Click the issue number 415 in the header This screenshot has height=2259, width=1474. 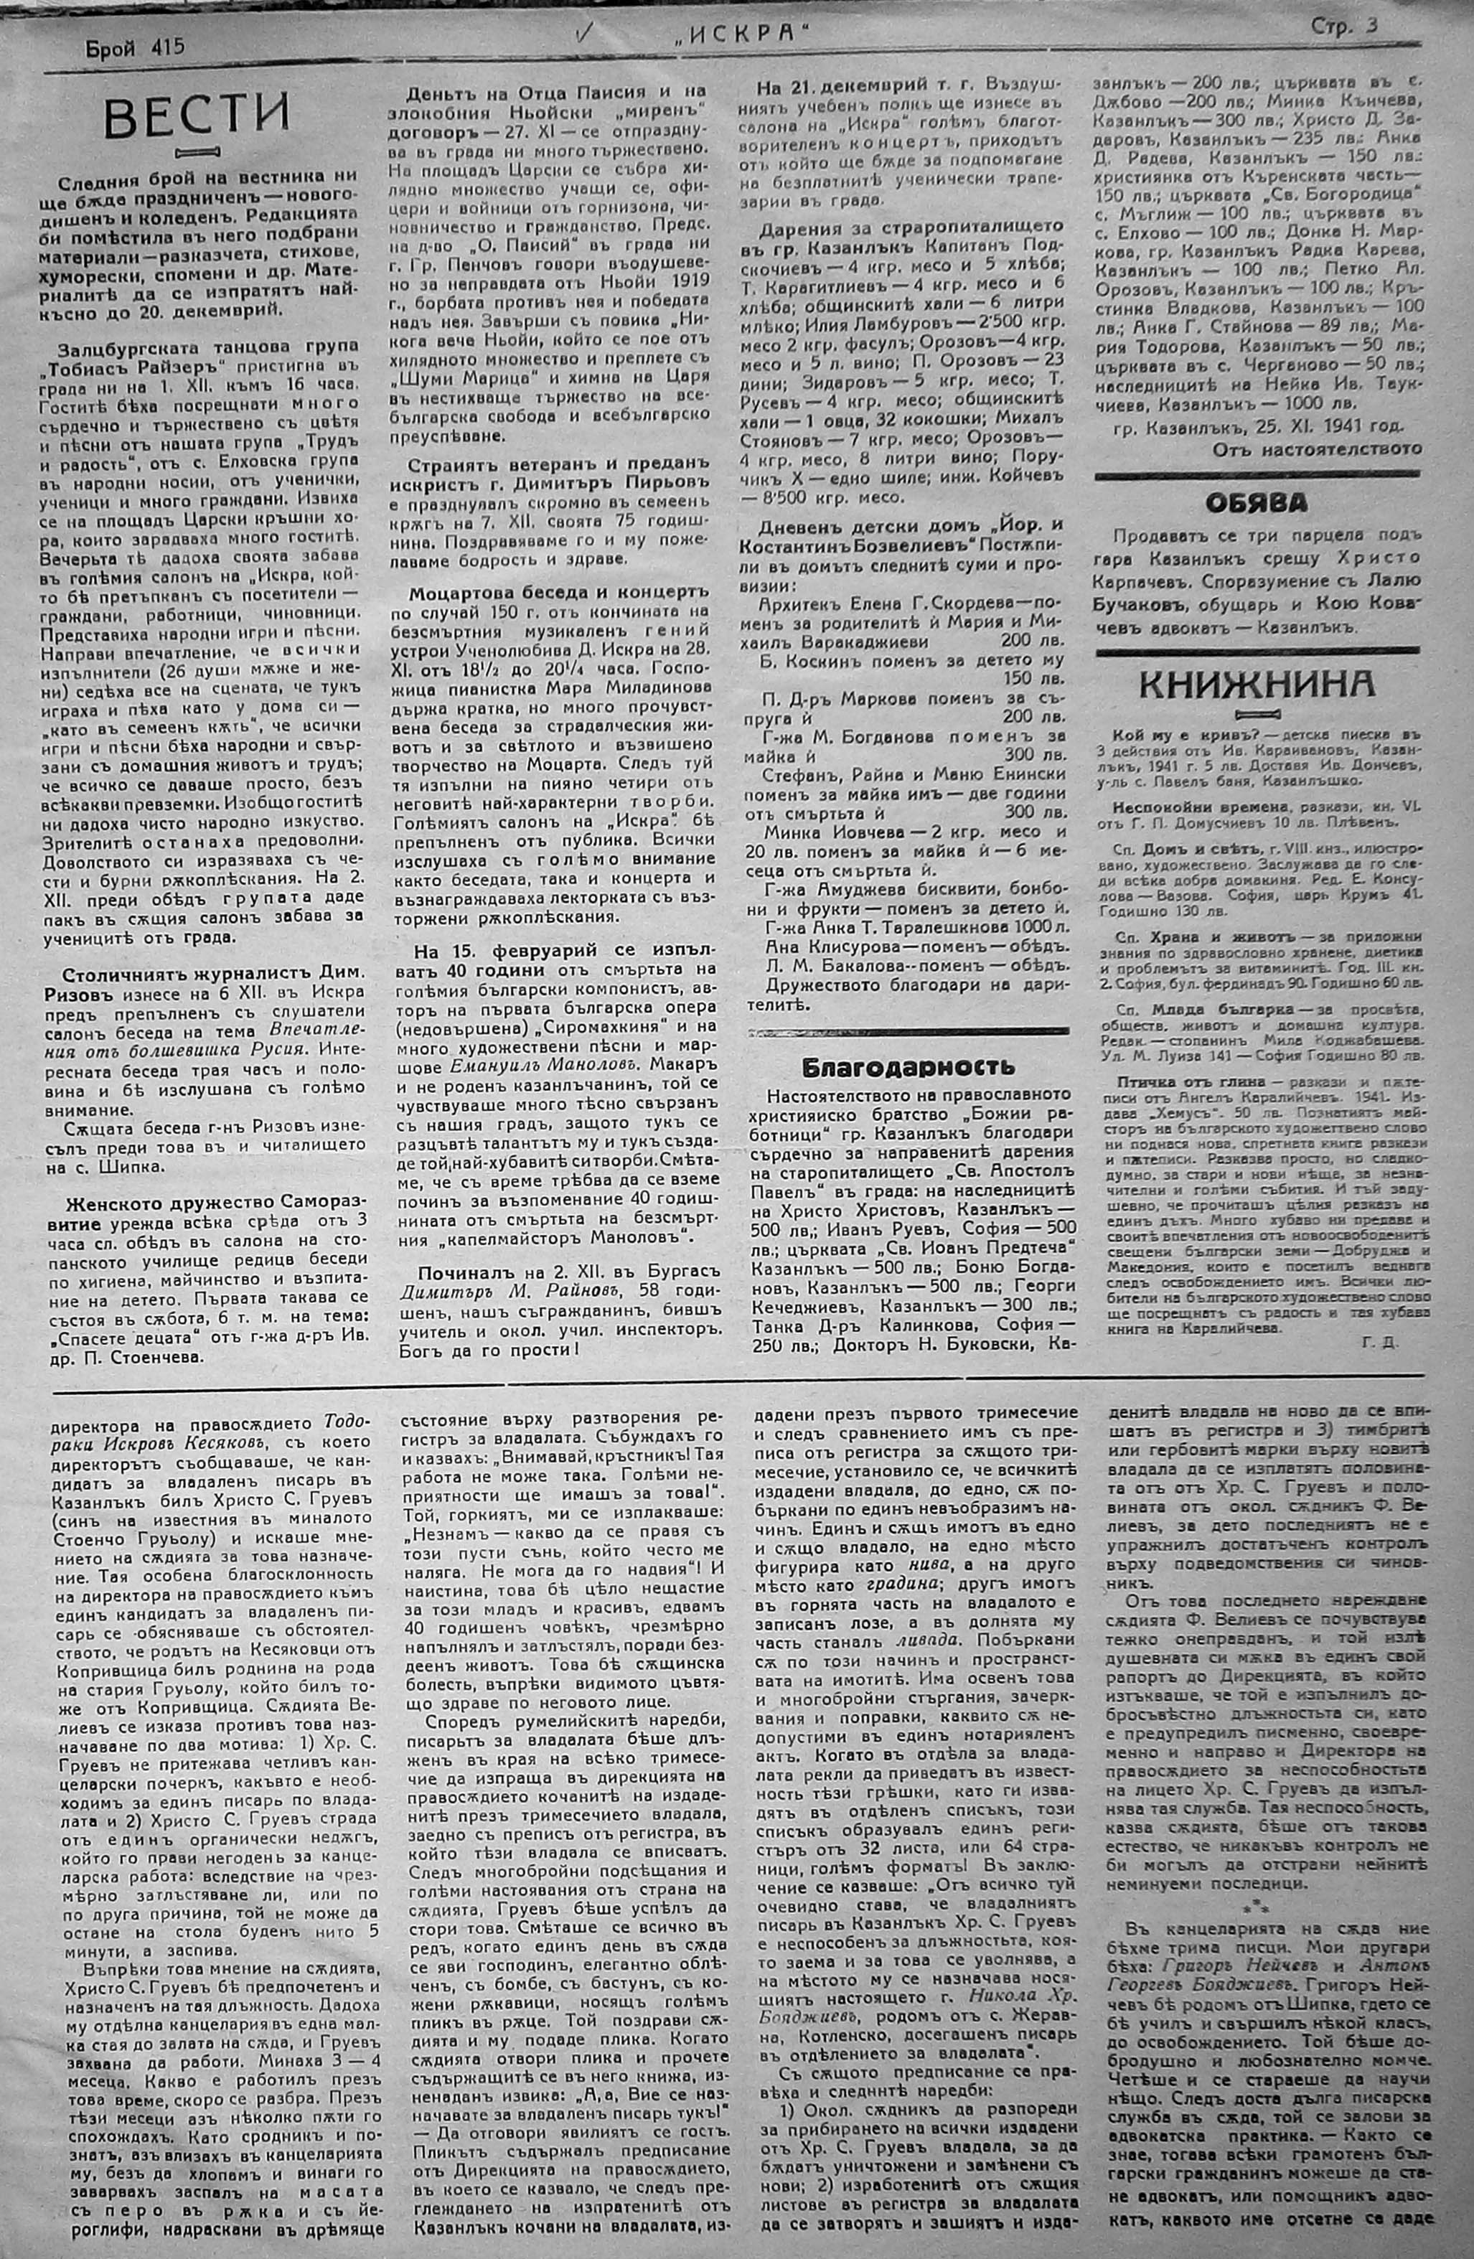click(x=165, y=47)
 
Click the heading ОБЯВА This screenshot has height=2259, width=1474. click(x=1256, y=503)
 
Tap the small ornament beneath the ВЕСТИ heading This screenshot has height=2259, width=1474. click(x=197, y=151)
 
